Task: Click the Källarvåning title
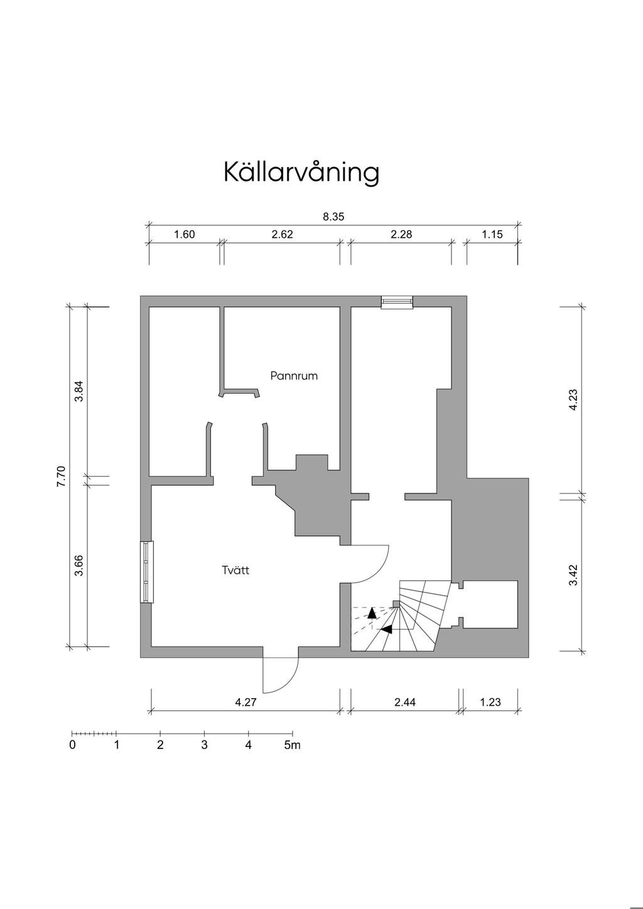click(301, 173)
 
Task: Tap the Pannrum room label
click(294, 376)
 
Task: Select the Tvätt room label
click(235, 570)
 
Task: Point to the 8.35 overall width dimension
click(333, 217)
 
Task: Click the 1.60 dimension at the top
click(184, 235)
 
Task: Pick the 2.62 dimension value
click(282, 235)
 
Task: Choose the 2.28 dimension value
click(401, 235)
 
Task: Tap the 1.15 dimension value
click(492, 235)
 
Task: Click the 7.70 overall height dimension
click(61, 476)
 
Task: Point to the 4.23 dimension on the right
click(573, 400)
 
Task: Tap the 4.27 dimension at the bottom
click(246, 702)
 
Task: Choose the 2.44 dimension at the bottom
click(405, 702)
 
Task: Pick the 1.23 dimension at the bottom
click(490, 702)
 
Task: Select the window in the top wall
click(397, 303)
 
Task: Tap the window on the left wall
click(146, 572)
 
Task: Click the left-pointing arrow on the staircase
click(386, 629)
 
